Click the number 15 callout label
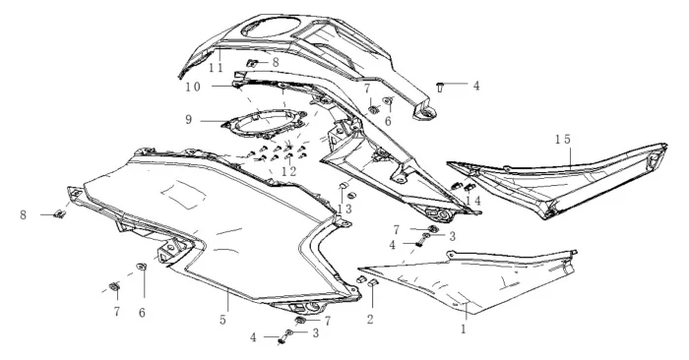point(562,140)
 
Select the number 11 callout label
point(217,68)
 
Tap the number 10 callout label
point(193,87)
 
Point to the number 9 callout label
point(189,119)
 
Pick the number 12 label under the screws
point(288,172)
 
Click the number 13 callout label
point(344,209)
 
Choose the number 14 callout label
point(473,201)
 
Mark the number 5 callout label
point(222,320)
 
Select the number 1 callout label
point(464,329)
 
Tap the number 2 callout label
point(370,320)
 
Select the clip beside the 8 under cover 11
point(252,64)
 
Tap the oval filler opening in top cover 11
point(268,28)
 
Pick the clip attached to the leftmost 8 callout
point(60,214)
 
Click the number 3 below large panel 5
point(316,333)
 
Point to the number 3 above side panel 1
point(452,237)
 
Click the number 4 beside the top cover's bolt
point(476,86)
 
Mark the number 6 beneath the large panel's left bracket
point(142,313)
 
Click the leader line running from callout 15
point(570,158)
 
